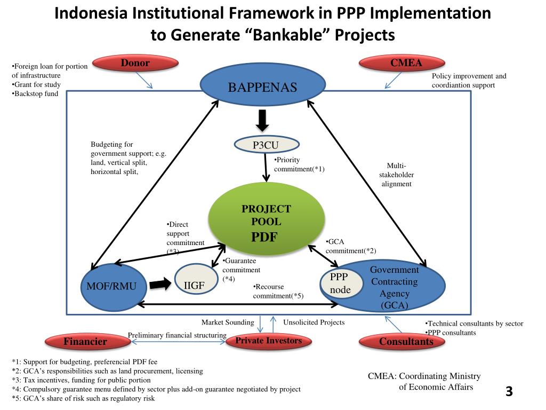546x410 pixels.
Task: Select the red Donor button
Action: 135,64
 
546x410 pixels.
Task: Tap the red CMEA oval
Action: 406,64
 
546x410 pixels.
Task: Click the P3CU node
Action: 266,144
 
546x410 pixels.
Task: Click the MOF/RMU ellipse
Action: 111,287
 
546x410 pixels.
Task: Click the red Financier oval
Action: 85,342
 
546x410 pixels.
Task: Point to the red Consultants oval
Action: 406,342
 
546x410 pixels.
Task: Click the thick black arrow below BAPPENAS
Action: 262,120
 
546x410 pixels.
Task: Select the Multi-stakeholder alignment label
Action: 396,175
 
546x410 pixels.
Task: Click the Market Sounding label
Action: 228,322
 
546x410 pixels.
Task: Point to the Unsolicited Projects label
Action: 314,322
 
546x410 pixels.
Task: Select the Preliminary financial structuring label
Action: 177,335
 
